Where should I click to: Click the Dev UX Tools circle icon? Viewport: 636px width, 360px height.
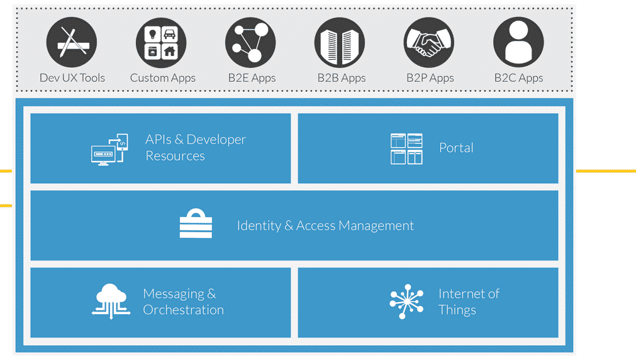[72, 43]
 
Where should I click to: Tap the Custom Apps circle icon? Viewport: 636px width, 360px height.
[161, 43]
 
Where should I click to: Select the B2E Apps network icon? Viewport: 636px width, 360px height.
[250, 43]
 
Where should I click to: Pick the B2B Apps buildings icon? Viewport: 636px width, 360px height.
[340, 43]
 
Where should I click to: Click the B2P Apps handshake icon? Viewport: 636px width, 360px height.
[429, 43]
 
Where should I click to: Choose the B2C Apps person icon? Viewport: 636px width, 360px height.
[518, 43]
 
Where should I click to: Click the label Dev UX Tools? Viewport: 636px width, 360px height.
[72, 78]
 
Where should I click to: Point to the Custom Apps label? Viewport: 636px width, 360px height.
[162, 78]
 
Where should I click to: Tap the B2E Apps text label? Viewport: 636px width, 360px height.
[252, 78]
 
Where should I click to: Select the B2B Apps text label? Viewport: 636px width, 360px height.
[341, 78]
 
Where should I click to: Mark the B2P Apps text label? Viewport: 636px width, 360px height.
[430, 78]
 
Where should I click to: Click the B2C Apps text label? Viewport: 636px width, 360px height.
[518, 78]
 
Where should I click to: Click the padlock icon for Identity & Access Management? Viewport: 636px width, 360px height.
[196, 224]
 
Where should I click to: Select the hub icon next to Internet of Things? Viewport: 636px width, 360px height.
[406, 301]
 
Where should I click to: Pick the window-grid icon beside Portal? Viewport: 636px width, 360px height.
[406, 149]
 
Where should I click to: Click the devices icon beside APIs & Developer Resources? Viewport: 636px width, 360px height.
[109, 149]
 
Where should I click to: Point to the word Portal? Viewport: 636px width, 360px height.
[456, 148]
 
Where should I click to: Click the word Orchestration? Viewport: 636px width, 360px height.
[183, 310]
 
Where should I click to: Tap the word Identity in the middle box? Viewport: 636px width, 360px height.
[259, 226]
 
